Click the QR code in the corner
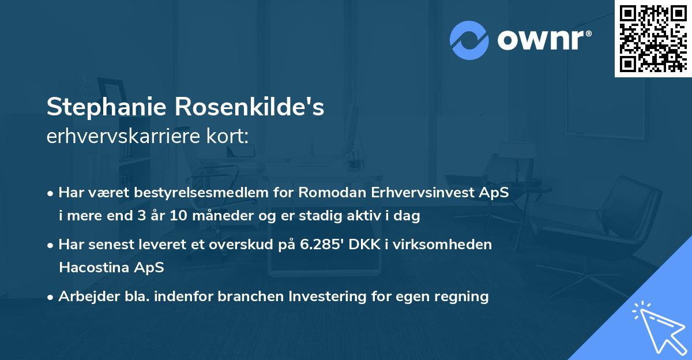(x=653, y=39)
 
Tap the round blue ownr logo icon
(x=469, y=40)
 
